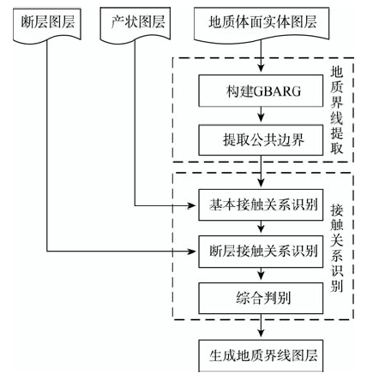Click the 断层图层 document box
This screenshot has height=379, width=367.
(x=47, y=25)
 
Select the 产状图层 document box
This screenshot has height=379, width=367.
(x=135, y=25)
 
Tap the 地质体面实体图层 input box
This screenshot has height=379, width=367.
(x=262, y=25)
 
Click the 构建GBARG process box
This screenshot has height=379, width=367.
(x=261, y=91)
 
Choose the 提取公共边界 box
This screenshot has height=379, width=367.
(x=261, y=140)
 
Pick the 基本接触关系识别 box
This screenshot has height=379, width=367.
(x=261, y=204)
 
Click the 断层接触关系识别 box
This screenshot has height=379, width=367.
(x=261, y=252)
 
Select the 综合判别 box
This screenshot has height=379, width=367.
(x=261, y=299)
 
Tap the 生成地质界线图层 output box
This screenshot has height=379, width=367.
(x=261, y=356)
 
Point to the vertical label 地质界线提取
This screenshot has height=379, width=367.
(x=337, y=110)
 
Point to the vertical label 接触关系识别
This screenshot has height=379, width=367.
(x=337, y=248)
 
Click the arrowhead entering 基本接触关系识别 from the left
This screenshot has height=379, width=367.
(x=191, y=205)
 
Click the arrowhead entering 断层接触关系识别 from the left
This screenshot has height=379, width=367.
(x=191, y=252)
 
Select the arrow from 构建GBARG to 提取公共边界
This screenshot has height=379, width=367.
(x=261, y=115)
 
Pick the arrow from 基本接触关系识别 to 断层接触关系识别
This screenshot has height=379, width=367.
(x=261, y=228)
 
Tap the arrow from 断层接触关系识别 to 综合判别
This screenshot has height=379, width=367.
(x=261, y=275)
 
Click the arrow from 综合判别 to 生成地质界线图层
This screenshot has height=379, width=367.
(x=261, y=327)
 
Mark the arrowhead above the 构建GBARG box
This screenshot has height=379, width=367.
(x=261, y=68)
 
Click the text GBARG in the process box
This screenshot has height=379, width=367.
(x=277, y=92)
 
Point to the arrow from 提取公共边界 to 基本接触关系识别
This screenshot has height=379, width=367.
(x=261, y=172)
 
